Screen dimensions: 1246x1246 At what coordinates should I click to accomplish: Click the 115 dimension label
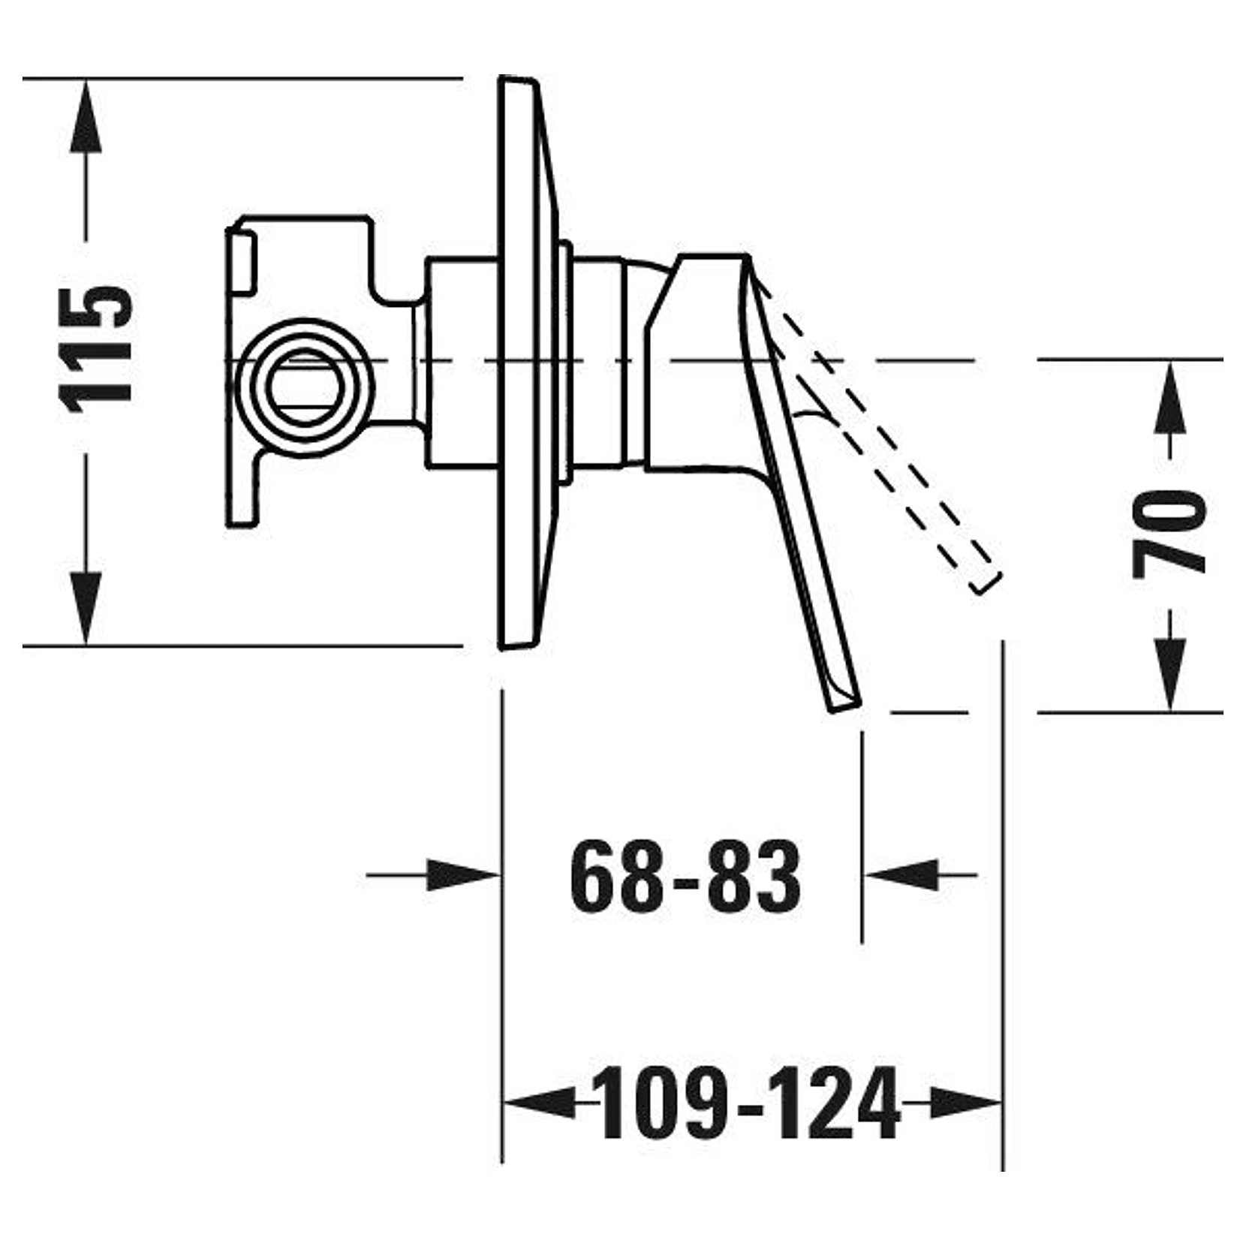[98, 349]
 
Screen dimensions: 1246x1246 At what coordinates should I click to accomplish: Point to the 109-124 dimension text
[748, 1104]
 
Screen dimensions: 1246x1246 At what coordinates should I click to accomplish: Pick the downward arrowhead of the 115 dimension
[86, 608]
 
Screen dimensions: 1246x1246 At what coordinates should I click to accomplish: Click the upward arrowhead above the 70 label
[1169, 399]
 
